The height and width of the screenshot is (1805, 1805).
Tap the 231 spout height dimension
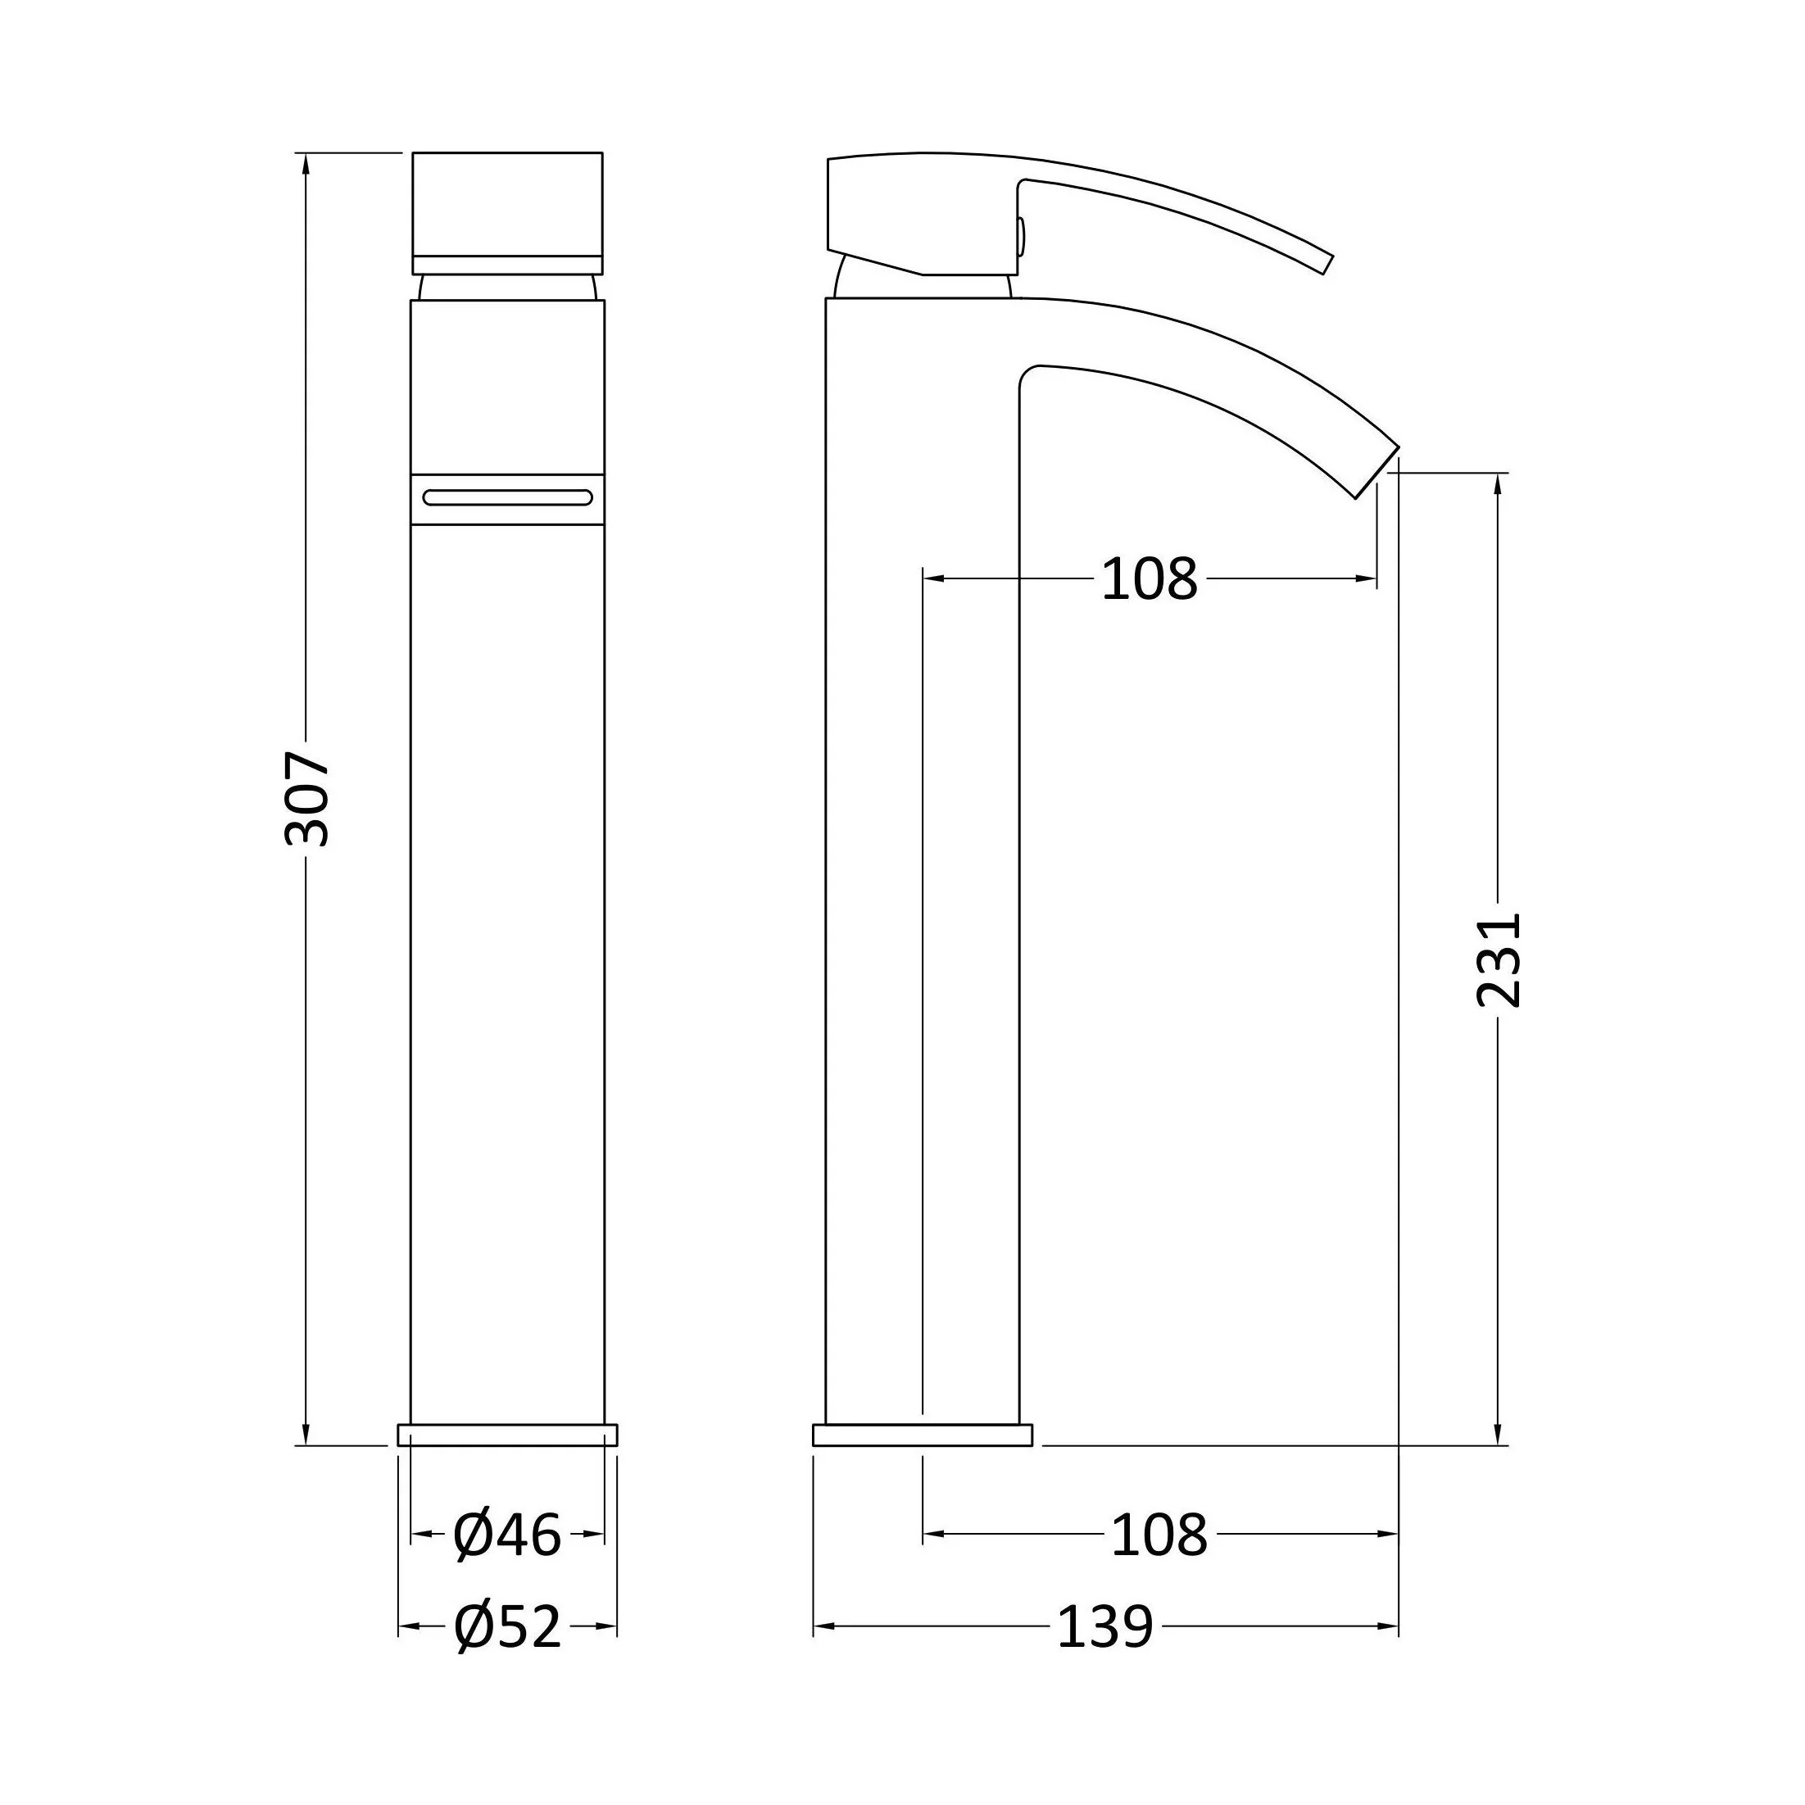[1499, 960]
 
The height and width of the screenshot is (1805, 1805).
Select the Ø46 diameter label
[506, 1534]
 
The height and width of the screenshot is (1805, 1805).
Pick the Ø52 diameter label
[507, 1627]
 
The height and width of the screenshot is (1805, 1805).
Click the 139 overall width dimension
[1105, 1627]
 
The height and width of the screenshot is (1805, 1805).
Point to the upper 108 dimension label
[1150, 579]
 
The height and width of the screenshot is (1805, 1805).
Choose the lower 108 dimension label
[1159, 1534]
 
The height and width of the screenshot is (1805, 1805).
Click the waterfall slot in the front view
[507, 498]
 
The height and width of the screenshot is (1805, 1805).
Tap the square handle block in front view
[507, 213]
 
